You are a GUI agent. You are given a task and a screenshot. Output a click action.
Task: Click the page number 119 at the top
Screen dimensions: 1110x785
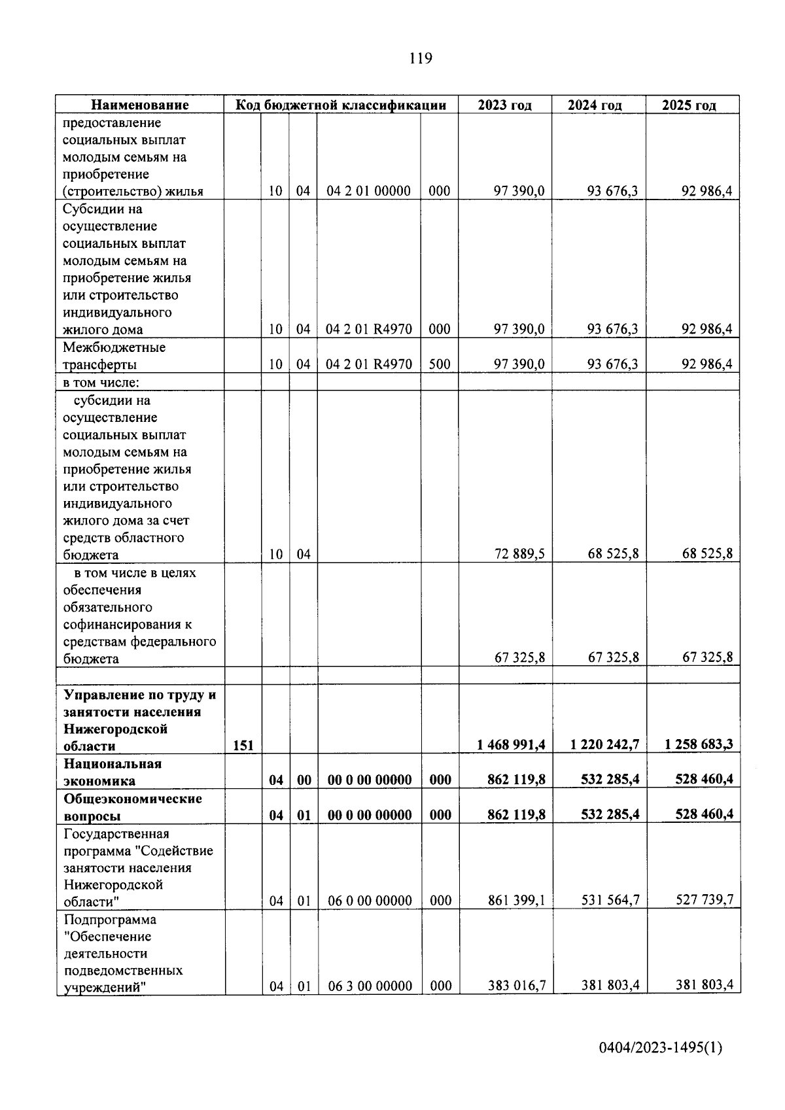pyautogui.click(x=421, y=59)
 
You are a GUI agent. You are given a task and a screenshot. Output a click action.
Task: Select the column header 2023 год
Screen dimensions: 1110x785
pyautogui.click(x=504, y=105)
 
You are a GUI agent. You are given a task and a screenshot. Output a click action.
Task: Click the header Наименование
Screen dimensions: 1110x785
pyautogui.click(x=139, y=105)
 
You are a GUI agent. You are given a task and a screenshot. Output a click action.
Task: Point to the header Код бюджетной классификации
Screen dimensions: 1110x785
pyautogui.click(x=341, y=105)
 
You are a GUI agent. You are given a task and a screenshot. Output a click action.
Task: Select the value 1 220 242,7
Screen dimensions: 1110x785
pyautogui.click(x=604, y=745)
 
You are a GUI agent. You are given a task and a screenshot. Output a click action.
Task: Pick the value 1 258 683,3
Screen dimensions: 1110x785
pyautogui.click(x=699, y=745)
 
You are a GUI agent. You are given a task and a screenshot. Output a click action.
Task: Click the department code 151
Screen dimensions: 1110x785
pyautogui.click(x=243, y=746)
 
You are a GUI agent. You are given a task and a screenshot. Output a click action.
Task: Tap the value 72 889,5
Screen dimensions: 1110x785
pyautogui.click(x=519, y=555)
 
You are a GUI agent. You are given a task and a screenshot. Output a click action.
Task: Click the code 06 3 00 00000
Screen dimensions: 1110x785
pyautogui.click(x=370, y=986)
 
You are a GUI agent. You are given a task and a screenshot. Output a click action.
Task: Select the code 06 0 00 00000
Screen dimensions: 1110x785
pyautogui.click(x=370, y=901)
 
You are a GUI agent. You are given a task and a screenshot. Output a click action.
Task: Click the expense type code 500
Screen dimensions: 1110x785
pyautogui.click(x=440, y=364)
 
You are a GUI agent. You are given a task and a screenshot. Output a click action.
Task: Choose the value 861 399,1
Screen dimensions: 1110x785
pyautogui.click(x=516, y=901)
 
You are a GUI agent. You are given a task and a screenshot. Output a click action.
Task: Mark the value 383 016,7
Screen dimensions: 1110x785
pyautogui.click(x=516, y=986)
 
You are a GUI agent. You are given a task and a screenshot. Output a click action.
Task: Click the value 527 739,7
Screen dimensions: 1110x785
pyautogui.click(x=704, y=901)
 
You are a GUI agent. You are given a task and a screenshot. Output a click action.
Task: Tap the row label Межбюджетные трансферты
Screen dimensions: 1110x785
pyautogui.click(x=114, y=356)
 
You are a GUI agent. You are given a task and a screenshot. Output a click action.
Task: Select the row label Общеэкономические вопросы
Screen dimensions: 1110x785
pyautogui.click(x=133, y=807)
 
